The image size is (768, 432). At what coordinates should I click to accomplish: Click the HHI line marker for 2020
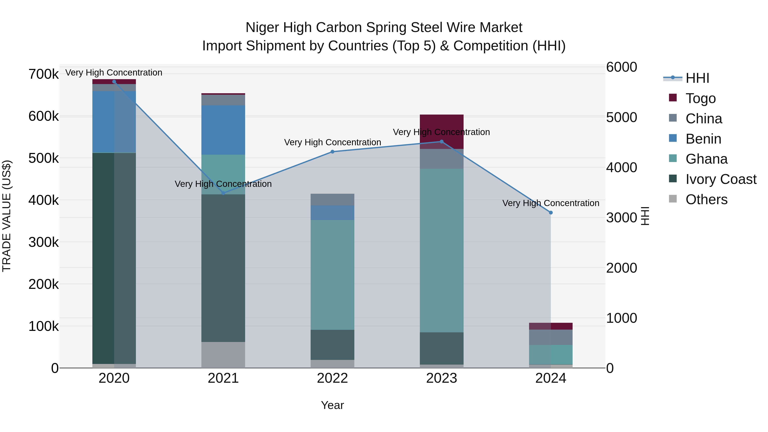click(x=114, y=82)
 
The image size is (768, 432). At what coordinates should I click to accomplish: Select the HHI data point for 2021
click(x=223, y=193)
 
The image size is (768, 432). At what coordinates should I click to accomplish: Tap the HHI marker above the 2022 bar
click(x=332, y=152)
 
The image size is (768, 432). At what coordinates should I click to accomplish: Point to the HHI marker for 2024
click(x=551, y=212)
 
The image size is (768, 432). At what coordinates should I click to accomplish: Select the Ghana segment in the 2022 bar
click(x=332, y=274)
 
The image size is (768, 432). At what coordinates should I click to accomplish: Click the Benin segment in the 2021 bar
click(x=223, y=130)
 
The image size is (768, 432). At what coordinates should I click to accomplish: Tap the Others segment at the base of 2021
click(x=223, y=355)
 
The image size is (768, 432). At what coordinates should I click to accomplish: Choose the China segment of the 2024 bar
click(x=551, y=337)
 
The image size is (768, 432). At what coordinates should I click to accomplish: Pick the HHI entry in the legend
click(x=697, y=78)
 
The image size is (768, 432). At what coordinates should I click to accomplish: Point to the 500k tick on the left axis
click(x=44, y=158)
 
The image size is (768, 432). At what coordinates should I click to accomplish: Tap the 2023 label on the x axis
click(x=442, y=378)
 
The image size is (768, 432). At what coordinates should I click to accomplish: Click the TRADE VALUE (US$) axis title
click(x=7, y=216)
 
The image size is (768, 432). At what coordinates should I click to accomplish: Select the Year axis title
click(x=332, y=405)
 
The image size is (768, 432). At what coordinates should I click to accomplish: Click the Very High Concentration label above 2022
click(x=332, y=142)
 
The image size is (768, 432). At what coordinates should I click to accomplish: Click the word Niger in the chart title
click(x=262, y=28)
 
